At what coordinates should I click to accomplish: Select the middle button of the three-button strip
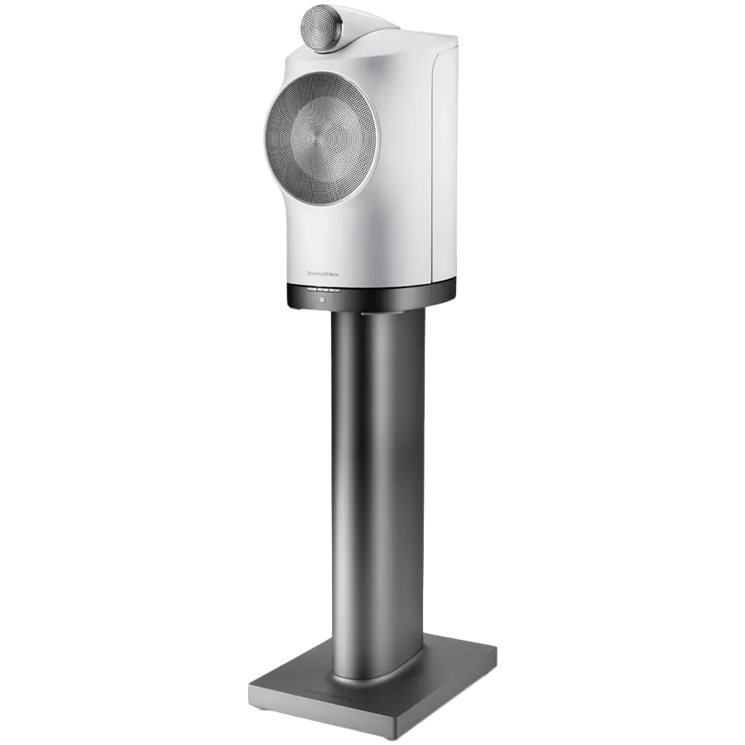tap(323, 290)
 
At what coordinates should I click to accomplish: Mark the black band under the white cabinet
tap(372, 294)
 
